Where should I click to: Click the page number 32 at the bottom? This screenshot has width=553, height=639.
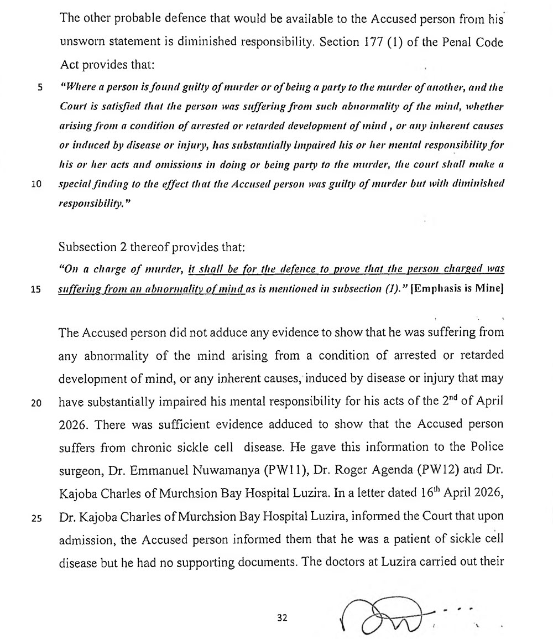point(283,618)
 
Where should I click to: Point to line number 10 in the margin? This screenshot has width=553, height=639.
point(37,185)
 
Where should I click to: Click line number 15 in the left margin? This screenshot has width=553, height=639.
point(37,288)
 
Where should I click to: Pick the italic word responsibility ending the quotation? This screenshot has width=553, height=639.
point(90,204)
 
